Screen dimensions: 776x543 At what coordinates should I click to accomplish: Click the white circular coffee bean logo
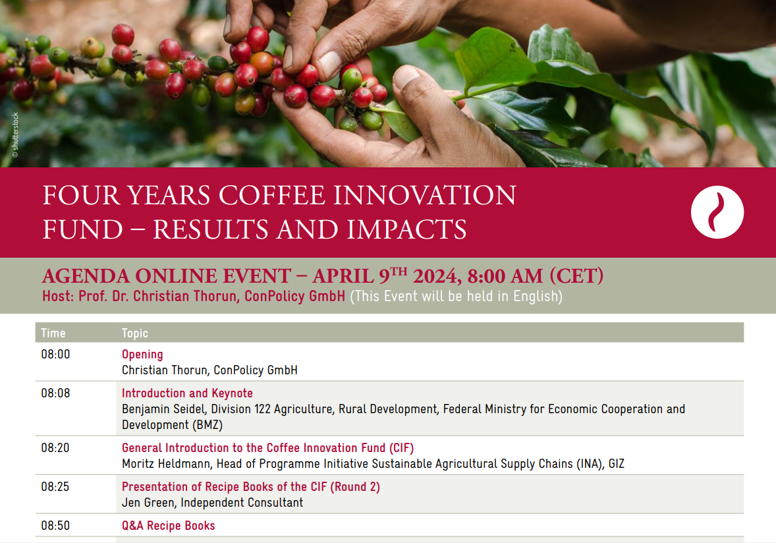coord(717,212)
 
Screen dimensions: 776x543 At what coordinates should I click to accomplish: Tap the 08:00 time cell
coord(55,355)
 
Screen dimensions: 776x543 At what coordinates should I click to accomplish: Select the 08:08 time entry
coord(55,393)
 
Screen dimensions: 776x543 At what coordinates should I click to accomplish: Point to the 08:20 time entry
coord(55,448)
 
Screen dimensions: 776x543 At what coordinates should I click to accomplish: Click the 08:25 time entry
coord(55,487)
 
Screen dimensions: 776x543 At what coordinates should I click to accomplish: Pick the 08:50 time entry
coord(55,526)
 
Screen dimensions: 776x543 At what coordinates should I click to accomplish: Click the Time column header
coord(53,333)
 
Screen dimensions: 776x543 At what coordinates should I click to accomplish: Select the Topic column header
coord(135,333)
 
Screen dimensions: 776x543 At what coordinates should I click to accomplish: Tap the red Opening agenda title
coord(142,355)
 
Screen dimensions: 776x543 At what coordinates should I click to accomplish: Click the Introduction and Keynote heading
coord(187,393)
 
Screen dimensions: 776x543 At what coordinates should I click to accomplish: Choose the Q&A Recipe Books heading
coord(168,526)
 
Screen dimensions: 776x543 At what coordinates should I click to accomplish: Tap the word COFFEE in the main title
coord(271,195)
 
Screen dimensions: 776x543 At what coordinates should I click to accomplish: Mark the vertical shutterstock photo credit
coord(15,135)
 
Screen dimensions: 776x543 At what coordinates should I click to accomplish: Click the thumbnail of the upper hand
coord(329,63)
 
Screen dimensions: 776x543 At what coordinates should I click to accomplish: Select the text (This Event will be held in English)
coord(457,297)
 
